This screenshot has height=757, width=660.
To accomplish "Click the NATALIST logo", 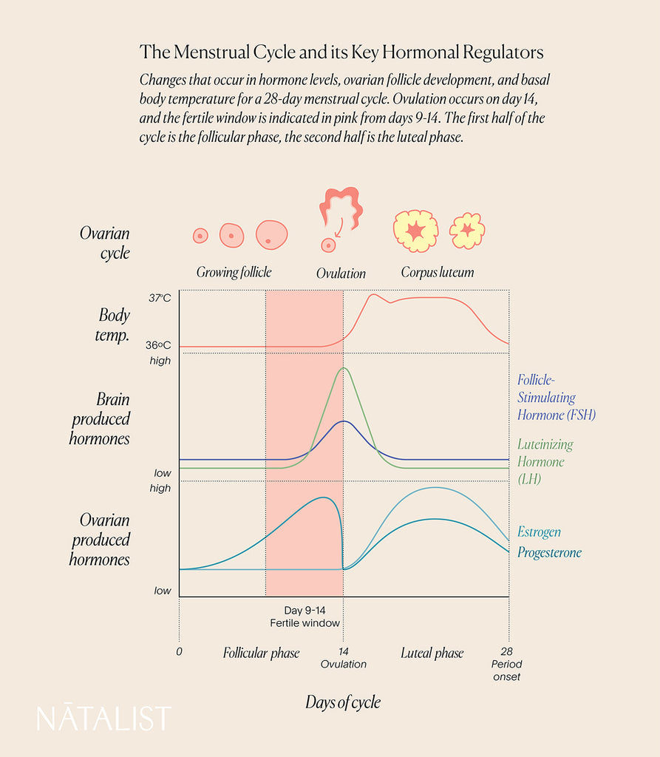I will (x=103, y=719).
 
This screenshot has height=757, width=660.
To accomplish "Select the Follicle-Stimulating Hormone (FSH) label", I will (x=556, y=397).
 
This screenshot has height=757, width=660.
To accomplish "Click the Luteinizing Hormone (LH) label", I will (x=545, y=461).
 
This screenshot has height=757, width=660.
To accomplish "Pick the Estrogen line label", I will (x=539, y=532).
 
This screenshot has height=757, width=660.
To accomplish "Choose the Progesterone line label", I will (x=549, y=552).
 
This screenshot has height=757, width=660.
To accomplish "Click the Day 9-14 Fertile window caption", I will (x=304, y=617).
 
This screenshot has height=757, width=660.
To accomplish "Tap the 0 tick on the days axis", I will (x=179, y=653).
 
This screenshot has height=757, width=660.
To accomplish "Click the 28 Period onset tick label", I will (x=507, y=664).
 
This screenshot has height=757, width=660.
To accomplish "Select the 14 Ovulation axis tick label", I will (x=343, y=658).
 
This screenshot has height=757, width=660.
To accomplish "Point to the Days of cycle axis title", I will (x=343, y=702).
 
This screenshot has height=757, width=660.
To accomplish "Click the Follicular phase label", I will (x=262, y=653).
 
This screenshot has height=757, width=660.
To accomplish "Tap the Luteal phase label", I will (x=432, y=653).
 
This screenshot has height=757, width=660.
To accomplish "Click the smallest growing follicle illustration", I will (x=200, y=236).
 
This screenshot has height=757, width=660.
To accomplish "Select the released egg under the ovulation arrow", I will (x=326, y=244).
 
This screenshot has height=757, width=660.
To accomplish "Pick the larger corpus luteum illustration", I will (x=415, y=231).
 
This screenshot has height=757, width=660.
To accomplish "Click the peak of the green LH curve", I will (x=342, y=368).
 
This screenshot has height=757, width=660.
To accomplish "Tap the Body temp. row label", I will (x=114, y=325).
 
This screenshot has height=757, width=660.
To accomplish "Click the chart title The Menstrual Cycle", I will (x=341, y=52).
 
